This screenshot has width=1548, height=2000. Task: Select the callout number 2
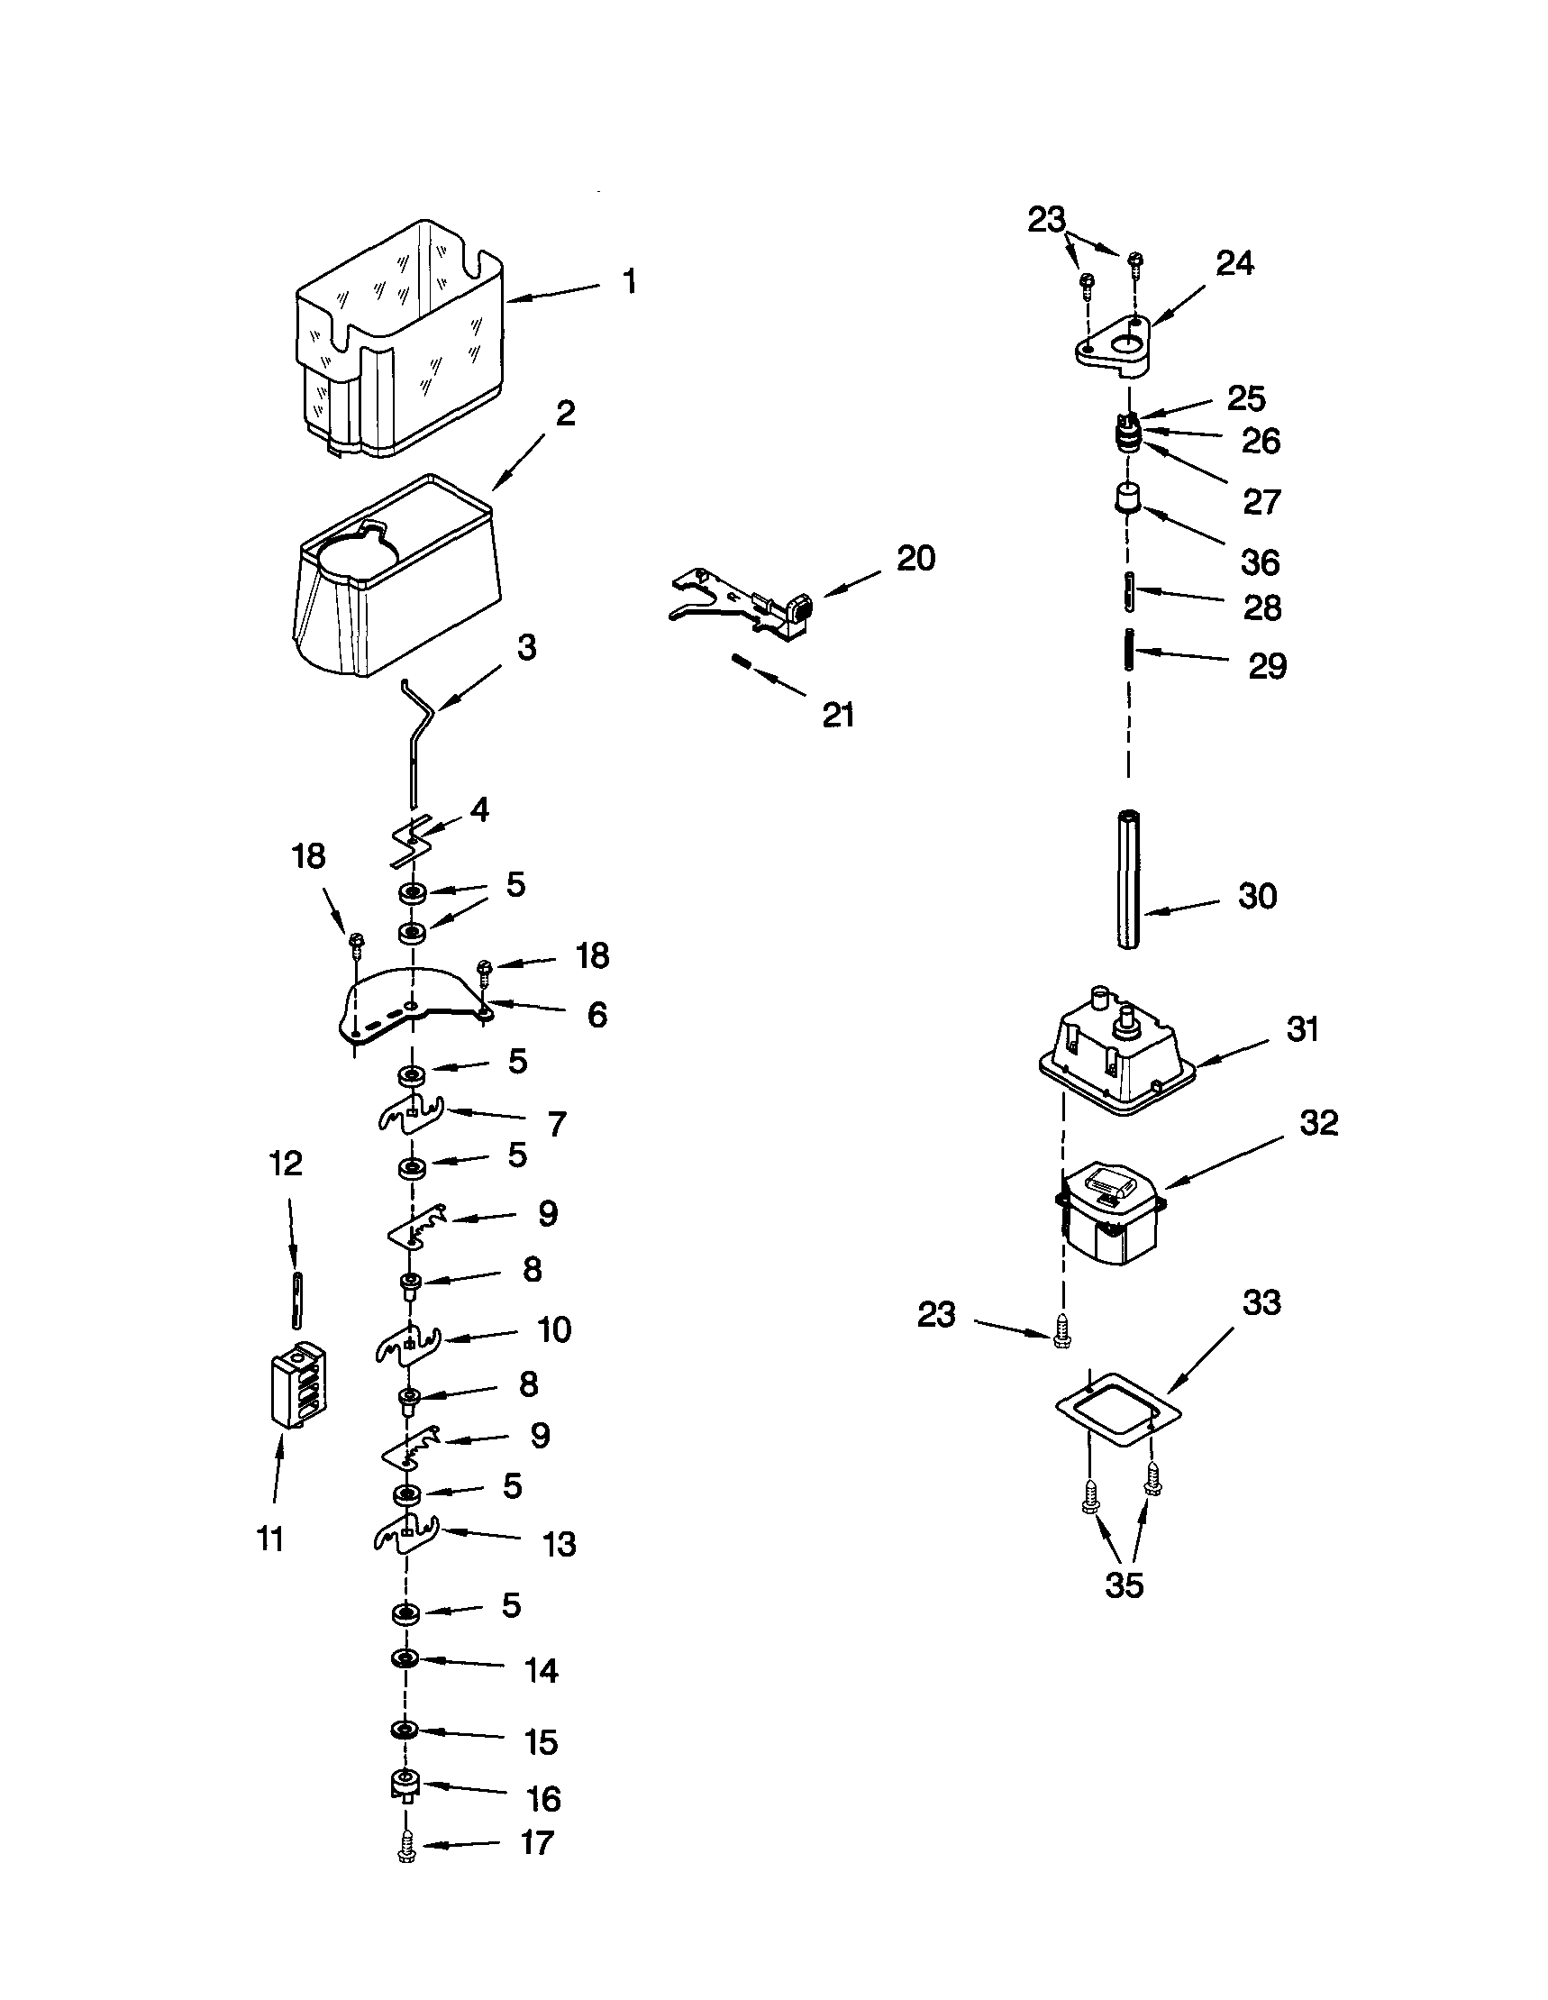click(566, 413)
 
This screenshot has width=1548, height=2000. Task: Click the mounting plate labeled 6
click(412, 1008)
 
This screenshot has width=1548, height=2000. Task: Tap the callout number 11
click(270, 1539)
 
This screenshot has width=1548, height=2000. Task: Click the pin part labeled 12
click(296, 1300)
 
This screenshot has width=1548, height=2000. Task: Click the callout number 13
click(560, 1545)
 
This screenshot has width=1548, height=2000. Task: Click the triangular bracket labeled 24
click(1113, 348)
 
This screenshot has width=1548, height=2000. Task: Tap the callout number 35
click(1125, 1585)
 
